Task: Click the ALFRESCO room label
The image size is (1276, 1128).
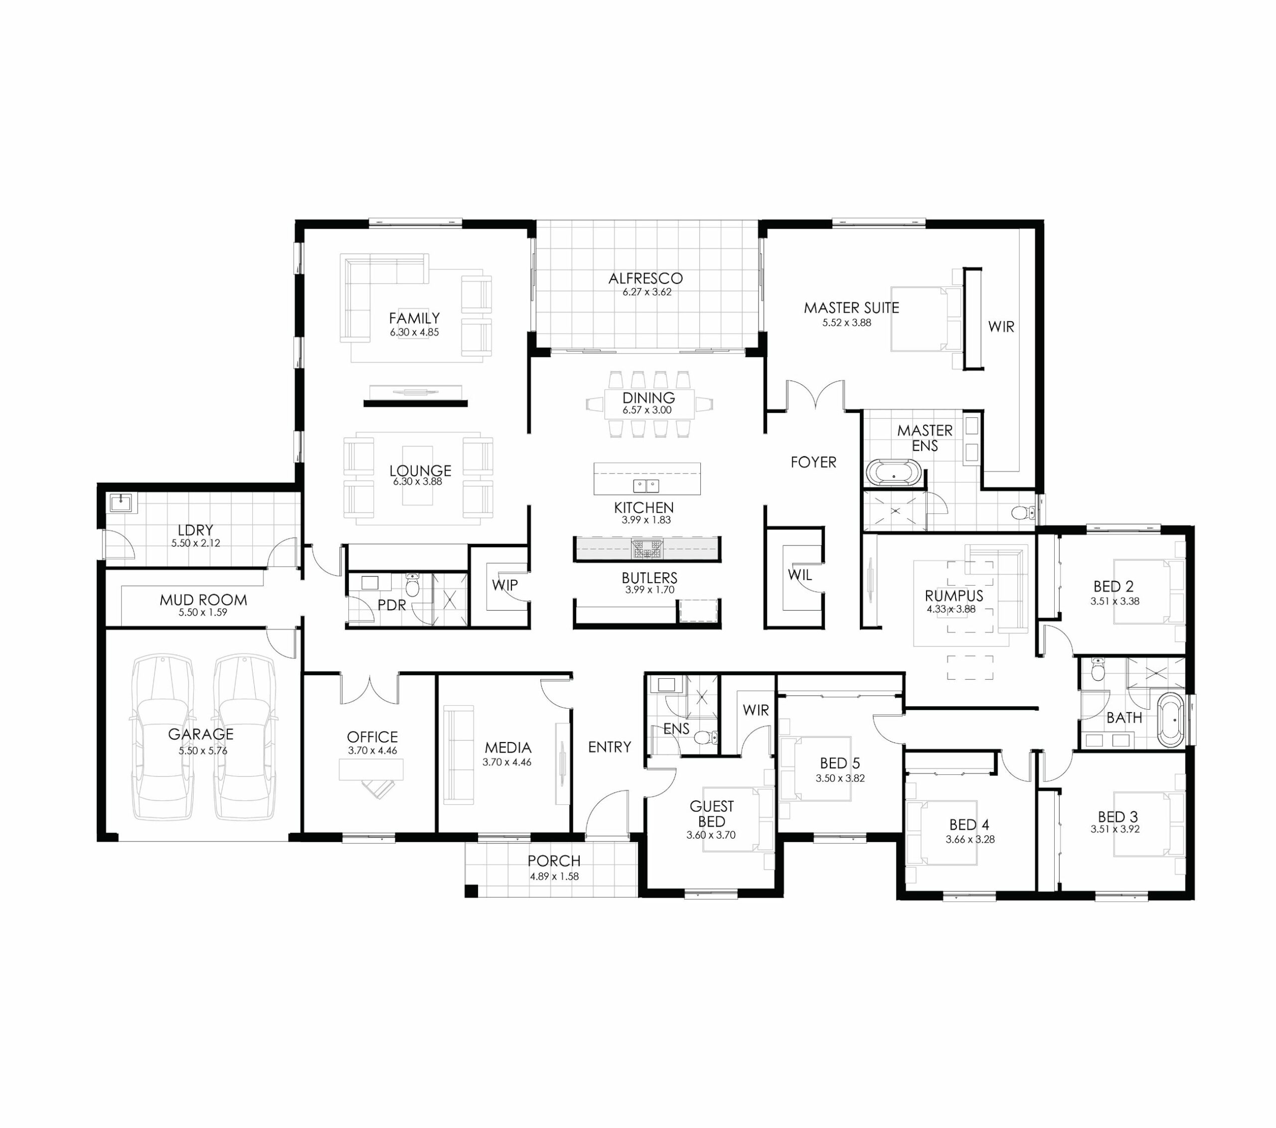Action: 645,278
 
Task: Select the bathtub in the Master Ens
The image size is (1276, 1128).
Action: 893,472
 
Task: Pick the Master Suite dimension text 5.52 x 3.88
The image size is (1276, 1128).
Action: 846,323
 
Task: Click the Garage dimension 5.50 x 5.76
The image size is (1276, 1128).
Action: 203,751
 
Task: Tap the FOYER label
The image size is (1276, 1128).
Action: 813,462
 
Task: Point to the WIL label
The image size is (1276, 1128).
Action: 799,575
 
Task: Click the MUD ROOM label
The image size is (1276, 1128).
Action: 203,600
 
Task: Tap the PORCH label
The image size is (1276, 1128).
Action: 554,861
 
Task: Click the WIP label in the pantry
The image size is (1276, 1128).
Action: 504,585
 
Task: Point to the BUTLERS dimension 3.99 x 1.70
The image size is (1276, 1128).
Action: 649,590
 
